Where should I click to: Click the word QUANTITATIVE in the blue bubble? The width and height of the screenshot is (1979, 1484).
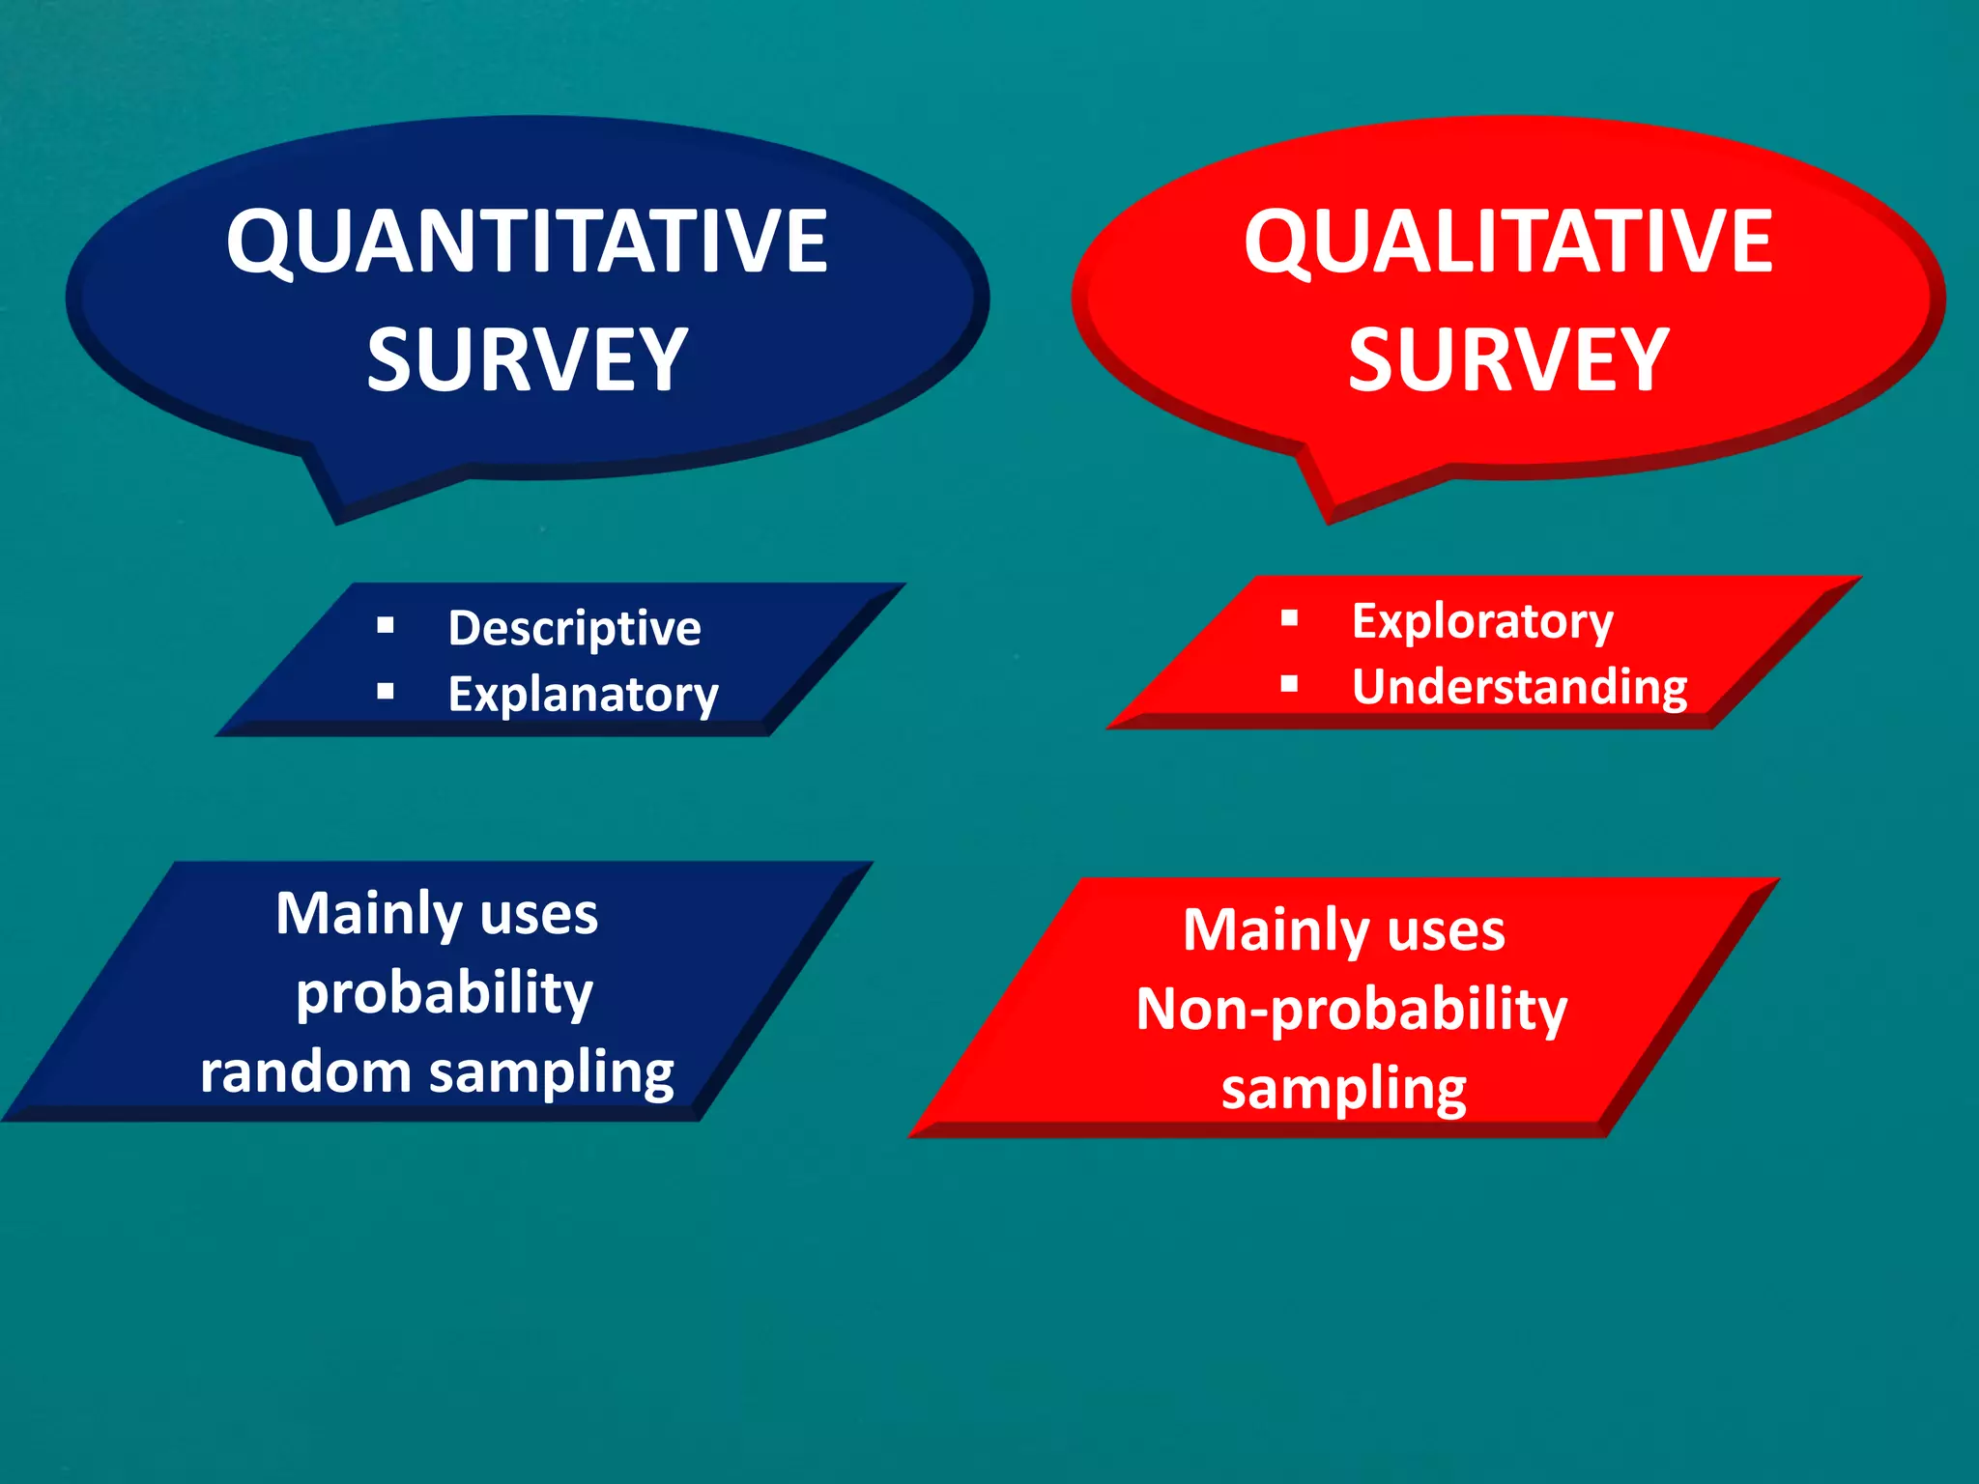527,242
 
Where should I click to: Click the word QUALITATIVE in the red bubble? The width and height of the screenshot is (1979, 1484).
1507,242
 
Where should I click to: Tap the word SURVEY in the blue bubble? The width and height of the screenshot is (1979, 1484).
527,359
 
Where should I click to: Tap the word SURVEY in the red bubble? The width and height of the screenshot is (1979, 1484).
1507,359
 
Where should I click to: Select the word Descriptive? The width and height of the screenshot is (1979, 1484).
574,629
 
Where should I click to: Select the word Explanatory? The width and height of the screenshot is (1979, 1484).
583,695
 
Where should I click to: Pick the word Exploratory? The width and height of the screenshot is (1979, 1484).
1481,621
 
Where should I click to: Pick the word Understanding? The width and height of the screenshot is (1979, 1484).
1519,687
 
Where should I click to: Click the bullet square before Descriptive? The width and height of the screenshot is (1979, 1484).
386,625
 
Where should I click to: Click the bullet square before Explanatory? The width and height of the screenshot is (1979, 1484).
386,691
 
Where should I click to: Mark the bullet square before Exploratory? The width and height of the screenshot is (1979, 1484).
1289,617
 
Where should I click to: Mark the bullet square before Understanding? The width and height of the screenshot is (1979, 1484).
1289,684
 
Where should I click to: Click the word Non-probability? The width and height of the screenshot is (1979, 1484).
1351,1011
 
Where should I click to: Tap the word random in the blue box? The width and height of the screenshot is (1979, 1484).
305,1072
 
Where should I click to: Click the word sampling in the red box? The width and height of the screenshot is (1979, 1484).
1343,1090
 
